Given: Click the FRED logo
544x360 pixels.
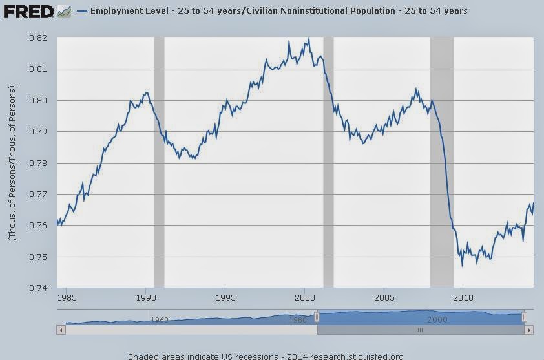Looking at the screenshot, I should click(x=27, y=11).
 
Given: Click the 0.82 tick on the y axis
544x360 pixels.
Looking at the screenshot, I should click(x=38, y=38).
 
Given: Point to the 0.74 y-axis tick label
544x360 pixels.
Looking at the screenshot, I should click(x=38, y=288).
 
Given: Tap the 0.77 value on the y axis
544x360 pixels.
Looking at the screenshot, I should click(x=38, y=195).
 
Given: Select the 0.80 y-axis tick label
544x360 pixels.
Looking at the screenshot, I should click(x=38, y=101).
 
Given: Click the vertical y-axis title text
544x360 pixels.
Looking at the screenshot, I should click(x=11, y=163).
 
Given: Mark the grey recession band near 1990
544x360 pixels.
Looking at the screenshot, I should click(x=158, y=162).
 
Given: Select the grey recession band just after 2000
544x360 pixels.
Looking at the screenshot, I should click(x=328, y=162).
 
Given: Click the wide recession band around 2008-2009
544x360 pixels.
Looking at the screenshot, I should click(x=442, y=162).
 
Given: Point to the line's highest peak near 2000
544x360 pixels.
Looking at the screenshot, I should click(x=309, y=39).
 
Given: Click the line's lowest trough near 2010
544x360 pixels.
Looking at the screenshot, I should click(x=462, y=266).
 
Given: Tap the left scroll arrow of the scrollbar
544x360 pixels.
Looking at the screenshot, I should click(x=61, y=330).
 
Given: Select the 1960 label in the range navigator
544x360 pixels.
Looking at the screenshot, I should click(x=159, y=319).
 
